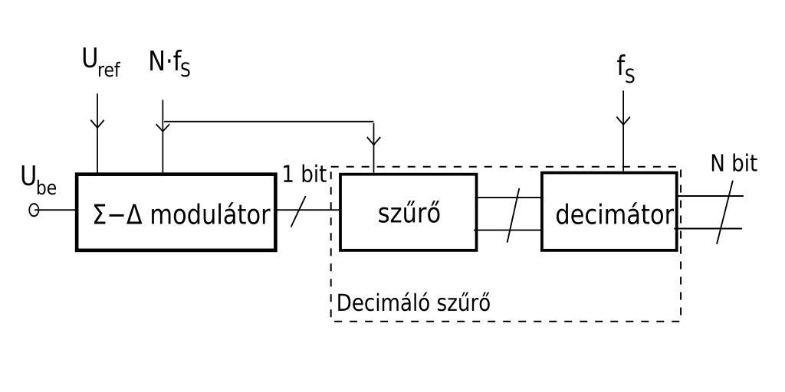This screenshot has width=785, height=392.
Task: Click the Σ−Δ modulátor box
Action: click(x=176, y=212)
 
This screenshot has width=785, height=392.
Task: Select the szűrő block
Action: click(x=408, y=212)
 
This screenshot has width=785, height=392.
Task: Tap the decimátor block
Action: click(x=609, y=212)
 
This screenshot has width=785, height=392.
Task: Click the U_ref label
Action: click(x=100, y=64)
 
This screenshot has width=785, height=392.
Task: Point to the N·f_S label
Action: click(x=169, y=64)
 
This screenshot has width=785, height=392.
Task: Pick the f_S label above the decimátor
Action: click(x=626, y=69)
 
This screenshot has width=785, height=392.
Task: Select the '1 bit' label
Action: click(x=304, y=175)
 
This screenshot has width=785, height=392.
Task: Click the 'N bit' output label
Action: click(x=734, y=164)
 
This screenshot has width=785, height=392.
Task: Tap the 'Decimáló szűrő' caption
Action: click(x=413, y=302)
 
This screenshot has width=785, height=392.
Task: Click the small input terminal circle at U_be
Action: click(x=34, y=210)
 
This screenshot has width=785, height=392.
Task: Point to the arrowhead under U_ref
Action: click(x=97, y=122)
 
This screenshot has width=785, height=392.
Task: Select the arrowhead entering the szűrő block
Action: click(x=373, y=139)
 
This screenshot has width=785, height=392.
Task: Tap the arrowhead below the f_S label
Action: click(x=623, y=119)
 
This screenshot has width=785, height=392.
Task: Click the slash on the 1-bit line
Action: click(x=298, y=211)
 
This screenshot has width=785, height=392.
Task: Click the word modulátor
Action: click(x=210, y=215)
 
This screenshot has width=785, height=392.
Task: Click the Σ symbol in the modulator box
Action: click(x=100, y=215)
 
